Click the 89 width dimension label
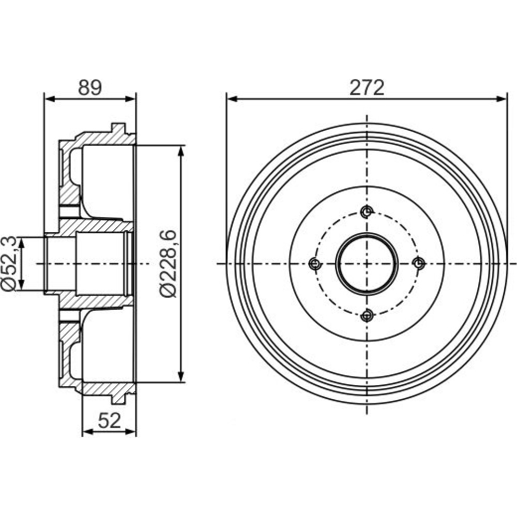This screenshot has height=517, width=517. pyautogui.click(x=90, y=88)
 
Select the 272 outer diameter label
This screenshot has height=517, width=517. pyautogui.click(x=367, y=88)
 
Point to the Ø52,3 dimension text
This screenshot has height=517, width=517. pyautogui.click(x=9, y=264)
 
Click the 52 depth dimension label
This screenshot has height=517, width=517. pyautogui.click(x=110, y=421)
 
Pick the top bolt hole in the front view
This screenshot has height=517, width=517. pyautogui.click(x=367, y=211)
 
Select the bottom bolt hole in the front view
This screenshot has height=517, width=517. pyautogui.click(x=367, y=315)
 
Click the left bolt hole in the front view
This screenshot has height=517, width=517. pyautogui.click(x=315, y=264)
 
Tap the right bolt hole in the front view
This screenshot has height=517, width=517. pyautogui.click(x=419, y=264)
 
